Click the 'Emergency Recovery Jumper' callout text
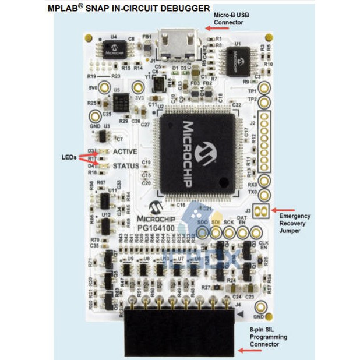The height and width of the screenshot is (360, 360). [x=295, y=224]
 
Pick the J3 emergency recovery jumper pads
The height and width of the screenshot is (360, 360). [x=264, y=210]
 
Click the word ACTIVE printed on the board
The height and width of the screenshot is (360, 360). [x=125, y=151]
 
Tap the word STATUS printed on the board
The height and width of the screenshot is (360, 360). [x=126, y=166]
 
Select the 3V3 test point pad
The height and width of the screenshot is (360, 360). [x=138, y=88]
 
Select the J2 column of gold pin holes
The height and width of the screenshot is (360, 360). [x=264, y=140]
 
